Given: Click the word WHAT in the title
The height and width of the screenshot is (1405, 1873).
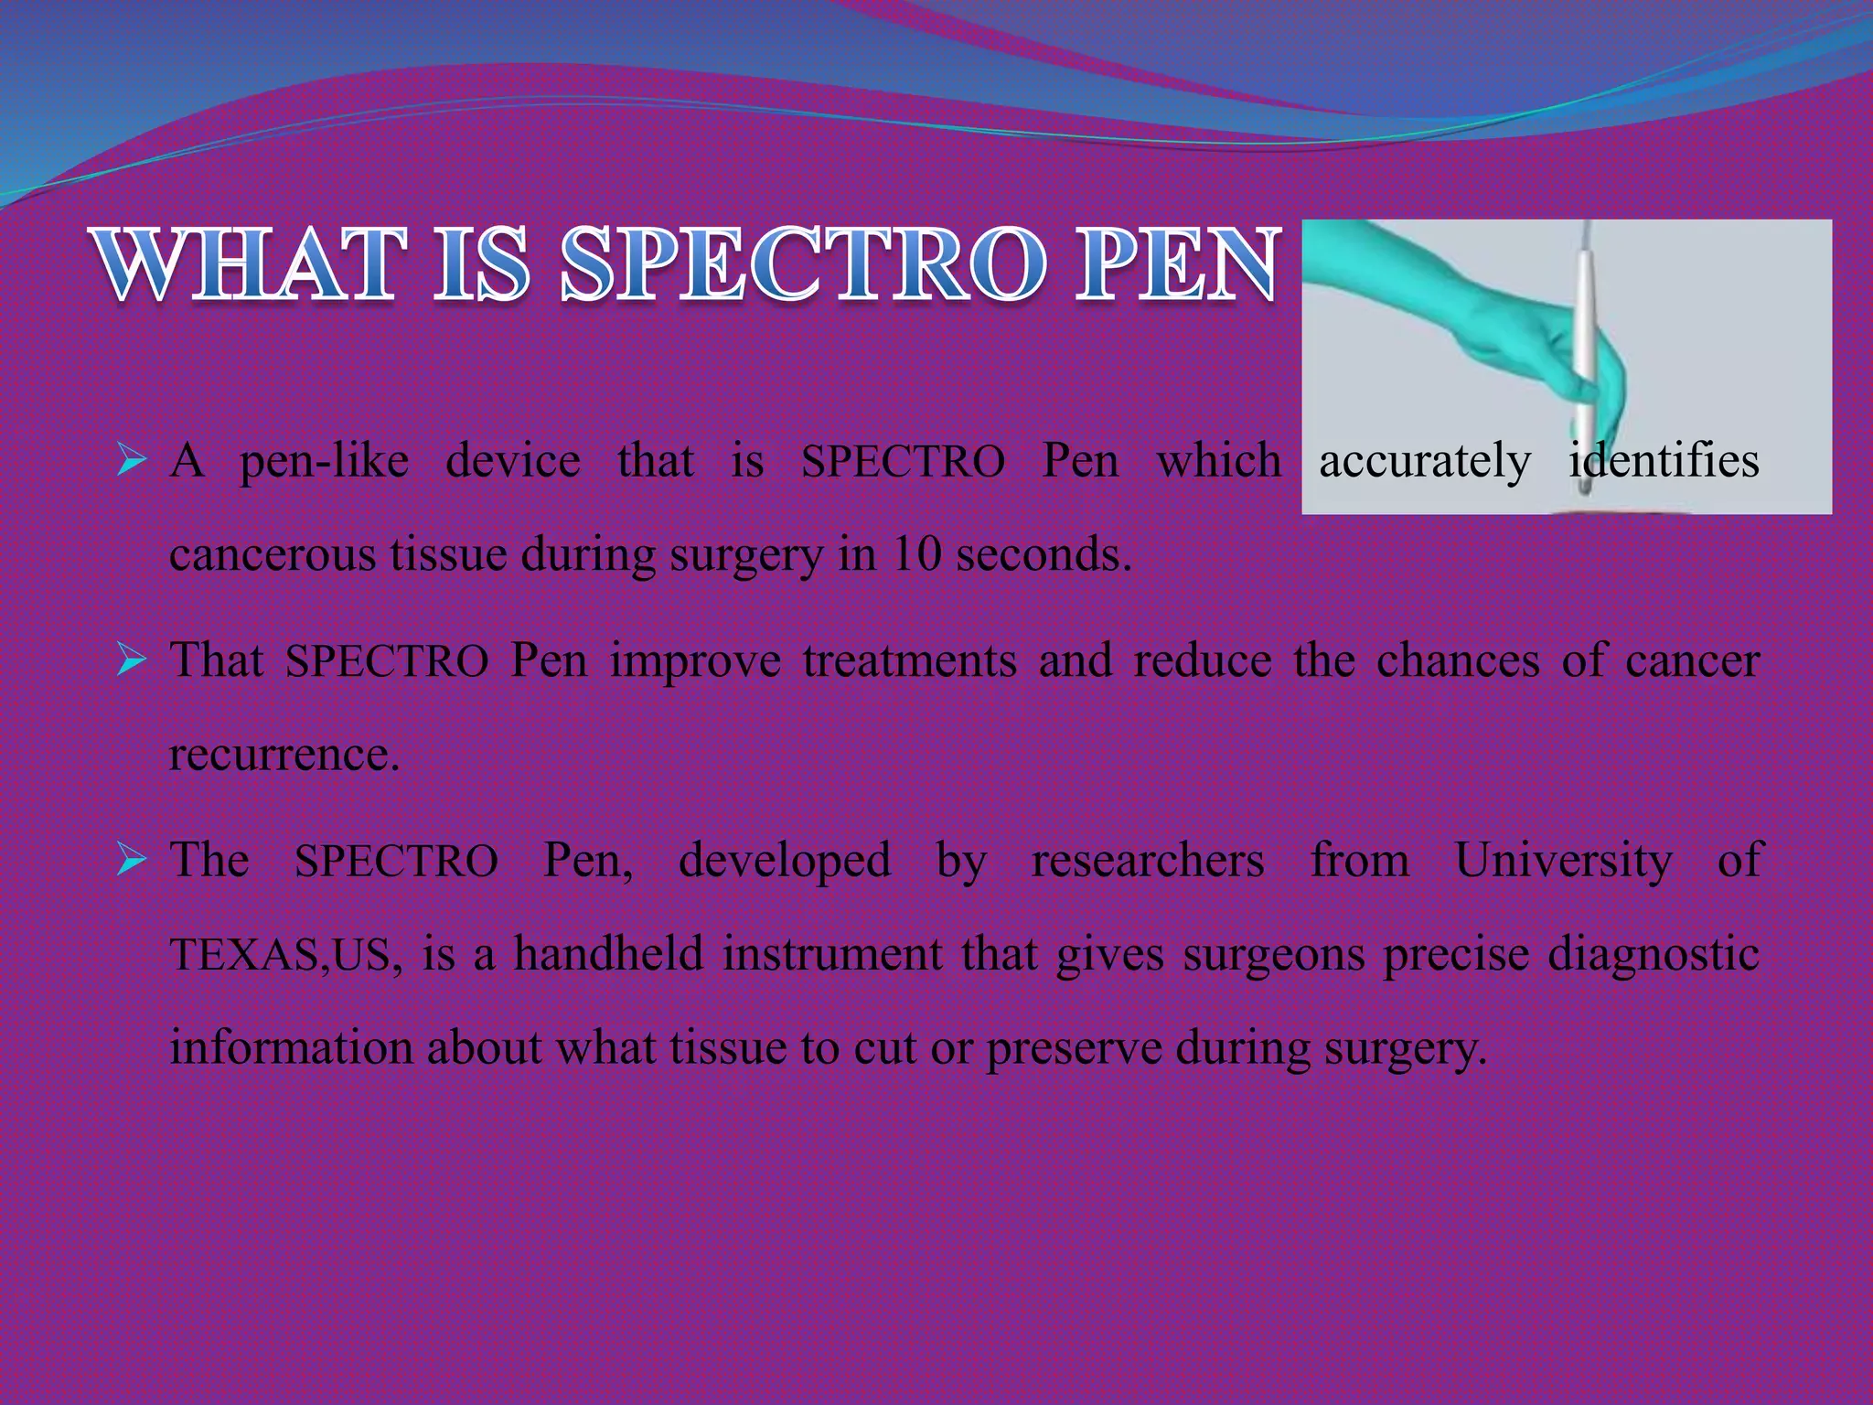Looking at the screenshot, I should [x=249, y=266].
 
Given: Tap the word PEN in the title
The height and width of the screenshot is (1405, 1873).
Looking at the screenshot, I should [x=1174, y=266].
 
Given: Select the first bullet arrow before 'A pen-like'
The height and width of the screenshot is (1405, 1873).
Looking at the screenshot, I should [x=132, y=460].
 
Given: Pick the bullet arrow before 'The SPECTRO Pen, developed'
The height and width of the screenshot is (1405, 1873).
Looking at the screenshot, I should [x=132, y=859].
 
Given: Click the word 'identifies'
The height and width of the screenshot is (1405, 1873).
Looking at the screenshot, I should [x=1664, y=460].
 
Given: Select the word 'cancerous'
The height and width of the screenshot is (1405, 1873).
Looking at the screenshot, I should [x=273, y=554].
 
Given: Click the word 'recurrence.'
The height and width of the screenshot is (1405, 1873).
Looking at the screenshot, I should [x=284, y=755].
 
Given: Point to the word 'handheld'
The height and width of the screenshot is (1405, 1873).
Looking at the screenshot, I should [x=608, y=953].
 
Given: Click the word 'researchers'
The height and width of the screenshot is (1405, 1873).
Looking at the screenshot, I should [x=1148, y=861].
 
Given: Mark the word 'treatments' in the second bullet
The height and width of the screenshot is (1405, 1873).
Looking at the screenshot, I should [x=909, y=660].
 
